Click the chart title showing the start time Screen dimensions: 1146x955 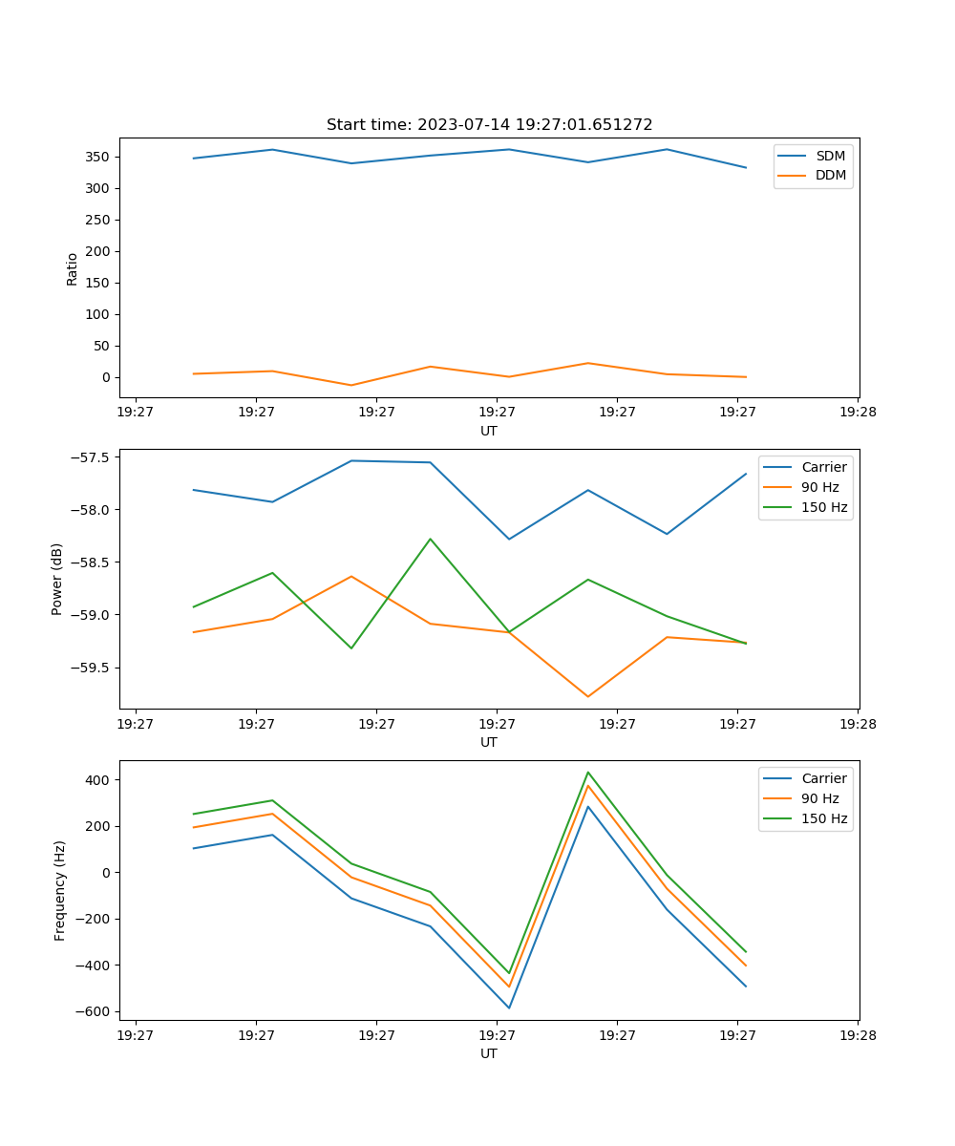[489, 125]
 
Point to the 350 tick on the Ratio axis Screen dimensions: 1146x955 [98, 157]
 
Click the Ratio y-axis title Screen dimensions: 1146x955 [73, 269]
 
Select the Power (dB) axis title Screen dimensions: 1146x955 [57, 579]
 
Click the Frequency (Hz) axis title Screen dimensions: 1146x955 [60, 890]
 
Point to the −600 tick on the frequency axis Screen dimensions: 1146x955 [95, 1012]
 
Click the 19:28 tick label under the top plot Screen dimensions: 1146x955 [857, 413]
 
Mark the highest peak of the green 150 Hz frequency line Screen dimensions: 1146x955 [588, 773]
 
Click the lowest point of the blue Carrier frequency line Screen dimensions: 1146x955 [509, 1008]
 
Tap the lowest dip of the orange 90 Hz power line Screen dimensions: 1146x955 [588, 696]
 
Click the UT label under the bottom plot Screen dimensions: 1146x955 [489, 1053]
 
